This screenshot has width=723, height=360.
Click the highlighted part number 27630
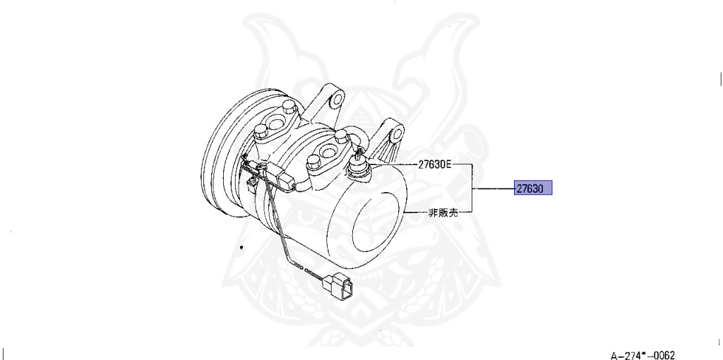532,188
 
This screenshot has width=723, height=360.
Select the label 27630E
432,165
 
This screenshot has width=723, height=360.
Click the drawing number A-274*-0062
643,354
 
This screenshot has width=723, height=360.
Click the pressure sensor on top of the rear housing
358,167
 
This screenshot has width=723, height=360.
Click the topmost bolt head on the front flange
289,108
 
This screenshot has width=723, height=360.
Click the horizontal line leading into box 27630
494,189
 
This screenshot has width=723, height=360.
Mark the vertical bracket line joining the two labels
471,188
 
